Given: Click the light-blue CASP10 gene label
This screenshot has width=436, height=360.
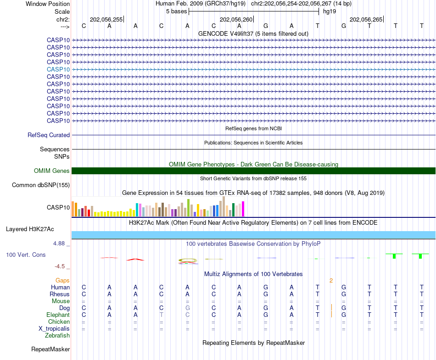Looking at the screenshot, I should (58, 69).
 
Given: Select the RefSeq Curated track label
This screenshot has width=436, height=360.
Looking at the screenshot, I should (49, 135).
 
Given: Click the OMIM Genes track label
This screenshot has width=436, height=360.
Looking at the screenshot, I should (52, 171).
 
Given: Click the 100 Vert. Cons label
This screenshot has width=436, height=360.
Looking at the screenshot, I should (26, 255).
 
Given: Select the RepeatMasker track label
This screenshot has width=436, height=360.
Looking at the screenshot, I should (50, 349).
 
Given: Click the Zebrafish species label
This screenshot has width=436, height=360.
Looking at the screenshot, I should (57, 336).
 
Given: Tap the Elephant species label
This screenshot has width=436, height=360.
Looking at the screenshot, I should (58, 315).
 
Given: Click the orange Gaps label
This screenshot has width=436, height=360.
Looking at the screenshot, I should (62, 280).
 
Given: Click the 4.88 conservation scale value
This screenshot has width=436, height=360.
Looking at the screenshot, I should (60, 244).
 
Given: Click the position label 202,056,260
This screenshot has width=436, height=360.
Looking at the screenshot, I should (236, 20).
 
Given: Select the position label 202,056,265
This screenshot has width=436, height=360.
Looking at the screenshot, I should (366, 20).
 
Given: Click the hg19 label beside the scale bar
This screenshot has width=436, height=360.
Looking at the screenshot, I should (330, 11).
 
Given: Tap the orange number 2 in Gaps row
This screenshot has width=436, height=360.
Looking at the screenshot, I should (331, 280).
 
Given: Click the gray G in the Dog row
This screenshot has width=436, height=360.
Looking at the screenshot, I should (187, 308).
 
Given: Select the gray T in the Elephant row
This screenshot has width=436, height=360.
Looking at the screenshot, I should (161, 315).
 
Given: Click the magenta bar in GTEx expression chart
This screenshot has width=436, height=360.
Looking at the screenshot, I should (243, 209).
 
